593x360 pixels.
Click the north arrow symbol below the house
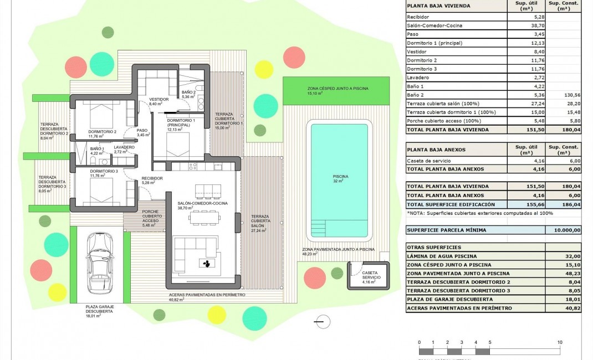point(321,321)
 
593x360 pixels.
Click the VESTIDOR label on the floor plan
point(159,100)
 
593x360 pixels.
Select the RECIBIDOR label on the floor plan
point(152,178)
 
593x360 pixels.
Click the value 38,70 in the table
point(524,25)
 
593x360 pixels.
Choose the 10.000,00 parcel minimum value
point(564,230)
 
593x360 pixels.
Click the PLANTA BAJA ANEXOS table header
point(436,150)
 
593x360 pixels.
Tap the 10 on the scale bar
point(559,342)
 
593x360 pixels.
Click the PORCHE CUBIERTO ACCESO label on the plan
point(150,216)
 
